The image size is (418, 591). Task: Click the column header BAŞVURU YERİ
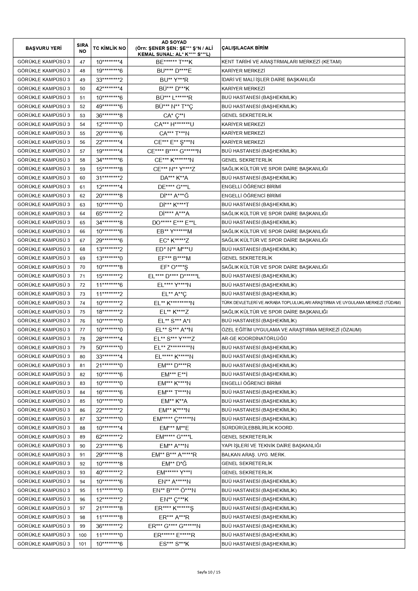tap(43, 48)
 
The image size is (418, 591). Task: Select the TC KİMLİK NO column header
tap(109, 48)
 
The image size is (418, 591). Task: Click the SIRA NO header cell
tap(83, 48)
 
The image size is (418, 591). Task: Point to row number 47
tap(83, 62)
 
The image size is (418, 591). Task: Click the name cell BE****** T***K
tap(174, 62)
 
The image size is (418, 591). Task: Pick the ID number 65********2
tap(109, 214)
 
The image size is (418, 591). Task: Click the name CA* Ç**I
tap(174, 116)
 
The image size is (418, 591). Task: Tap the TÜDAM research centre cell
tap(311, 303)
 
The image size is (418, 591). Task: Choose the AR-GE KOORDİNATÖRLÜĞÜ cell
tap(254, 338)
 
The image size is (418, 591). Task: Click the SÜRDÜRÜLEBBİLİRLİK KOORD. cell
tap(258, 428)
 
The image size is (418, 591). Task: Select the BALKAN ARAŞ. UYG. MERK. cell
tap(254, 455)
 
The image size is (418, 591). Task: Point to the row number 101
tap(83, 544)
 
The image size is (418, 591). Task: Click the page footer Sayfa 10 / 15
tap(209, 572)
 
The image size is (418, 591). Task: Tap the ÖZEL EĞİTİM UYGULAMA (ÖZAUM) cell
tap(291, 330)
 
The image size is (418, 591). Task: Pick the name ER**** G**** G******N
tap(174, 526)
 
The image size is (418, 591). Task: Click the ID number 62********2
tap(109, 437)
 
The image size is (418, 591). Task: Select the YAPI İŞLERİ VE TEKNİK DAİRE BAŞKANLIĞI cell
tap(271, 446)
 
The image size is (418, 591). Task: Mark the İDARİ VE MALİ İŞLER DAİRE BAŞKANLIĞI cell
tap(268, 80)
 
